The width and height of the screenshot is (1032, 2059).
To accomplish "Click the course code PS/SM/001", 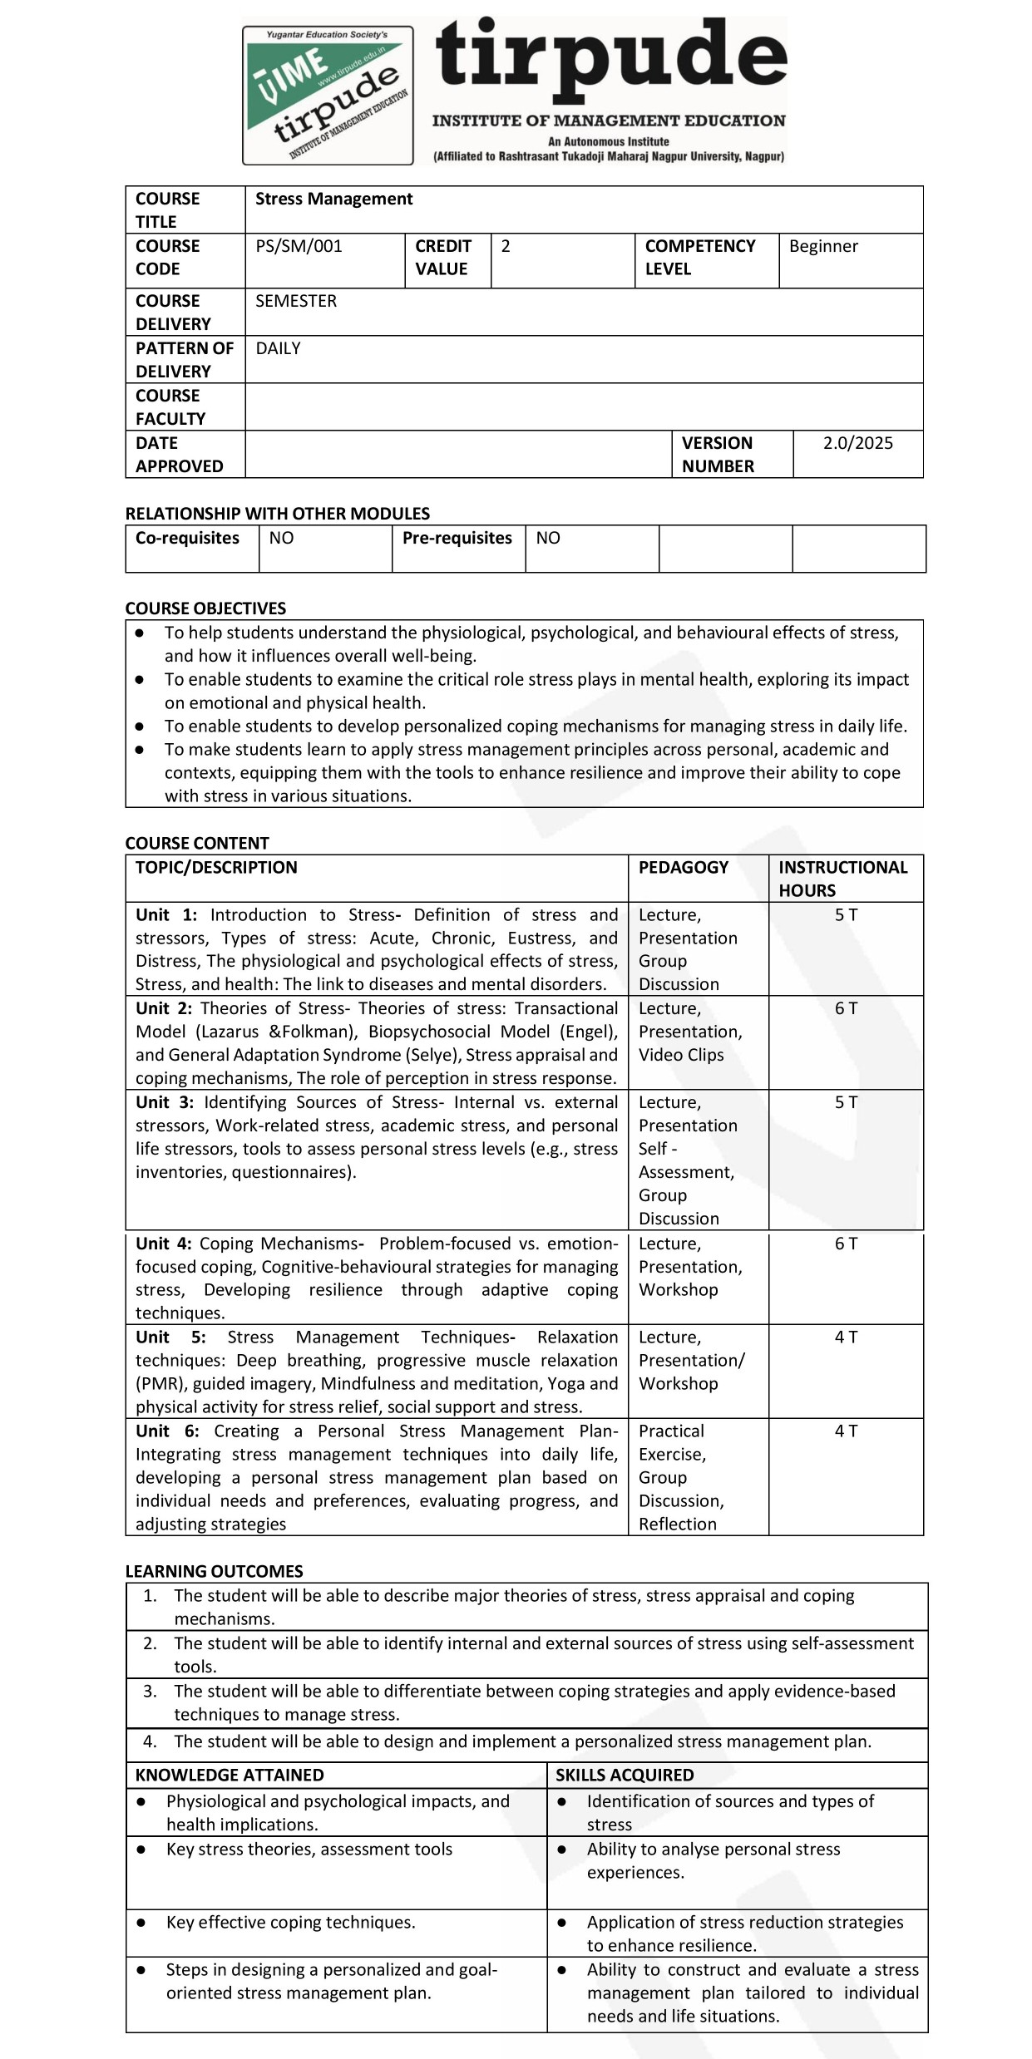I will [299, 246].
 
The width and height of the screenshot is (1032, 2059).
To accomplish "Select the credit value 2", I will [506, 246].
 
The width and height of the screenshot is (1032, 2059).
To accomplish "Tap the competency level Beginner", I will [822, 246].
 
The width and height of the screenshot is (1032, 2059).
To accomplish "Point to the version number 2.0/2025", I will [857, 443].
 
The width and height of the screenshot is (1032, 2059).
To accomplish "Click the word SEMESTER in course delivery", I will [295, 301].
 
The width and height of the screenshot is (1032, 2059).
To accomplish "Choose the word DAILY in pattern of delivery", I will [278, 348].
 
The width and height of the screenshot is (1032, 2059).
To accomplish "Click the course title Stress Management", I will [333, 199].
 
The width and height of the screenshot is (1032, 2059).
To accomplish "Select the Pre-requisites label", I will [457, 538].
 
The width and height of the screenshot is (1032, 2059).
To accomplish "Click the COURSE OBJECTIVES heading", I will [205, 608].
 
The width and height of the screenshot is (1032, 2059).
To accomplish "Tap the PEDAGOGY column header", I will [683, 867].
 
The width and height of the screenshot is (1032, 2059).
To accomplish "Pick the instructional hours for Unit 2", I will [846, 1008].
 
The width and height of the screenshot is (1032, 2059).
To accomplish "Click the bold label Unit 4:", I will [164, 1244].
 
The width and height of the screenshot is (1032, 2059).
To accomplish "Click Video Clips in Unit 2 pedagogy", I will [681, 1055].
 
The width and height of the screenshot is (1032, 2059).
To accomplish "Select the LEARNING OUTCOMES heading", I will [214, 1571].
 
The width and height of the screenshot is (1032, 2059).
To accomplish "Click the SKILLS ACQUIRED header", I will [625, 1775].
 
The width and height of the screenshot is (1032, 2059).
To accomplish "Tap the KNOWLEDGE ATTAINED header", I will [230, 1775].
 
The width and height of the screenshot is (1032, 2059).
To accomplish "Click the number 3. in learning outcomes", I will [150, 1691].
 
